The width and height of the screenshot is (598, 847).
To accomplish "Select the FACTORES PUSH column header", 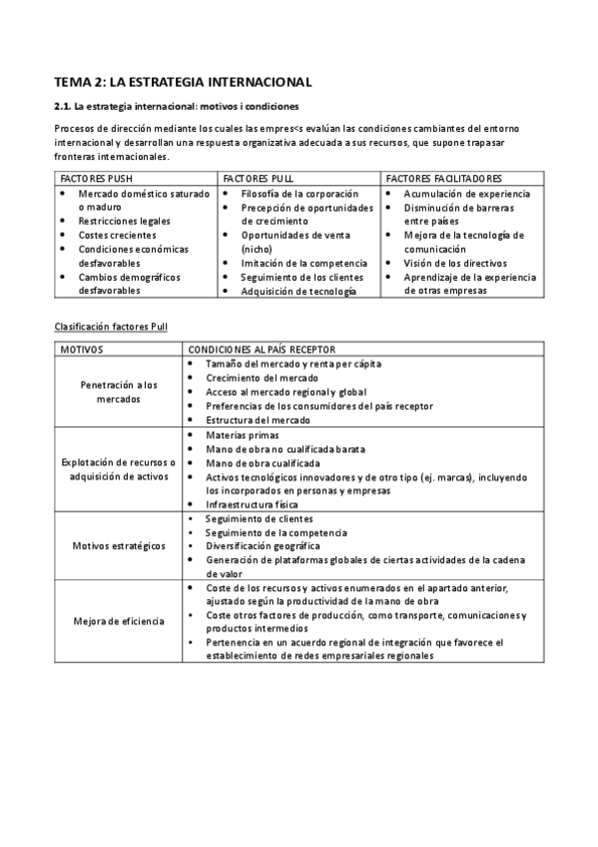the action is tap(97, 178).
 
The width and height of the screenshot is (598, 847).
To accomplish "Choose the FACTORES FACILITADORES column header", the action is tap(443, 178).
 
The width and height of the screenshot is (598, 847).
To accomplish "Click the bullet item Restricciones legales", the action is tap(124, 221).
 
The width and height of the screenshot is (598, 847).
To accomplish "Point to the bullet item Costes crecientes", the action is tap(117, 235).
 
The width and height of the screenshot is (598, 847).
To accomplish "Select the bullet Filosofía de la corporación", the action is tap(293, 193).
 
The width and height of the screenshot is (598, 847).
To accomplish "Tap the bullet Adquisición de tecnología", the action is tap(298, 291).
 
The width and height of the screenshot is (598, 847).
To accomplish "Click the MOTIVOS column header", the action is tap(82, 350).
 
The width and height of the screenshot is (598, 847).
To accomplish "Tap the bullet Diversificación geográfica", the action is tap(263, 546).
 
